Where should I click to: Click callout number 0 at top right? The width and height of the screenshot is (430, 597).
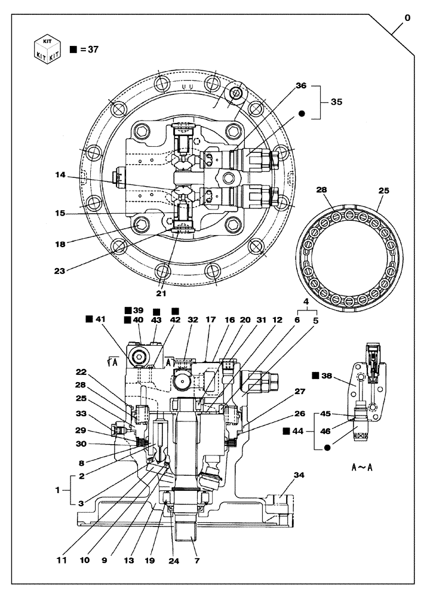pos(407,18)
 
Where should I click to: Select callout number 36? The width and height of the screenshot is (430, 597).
pos(301,86)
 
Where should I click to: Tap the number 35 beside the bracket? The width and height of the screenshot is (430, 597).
pos(336,102)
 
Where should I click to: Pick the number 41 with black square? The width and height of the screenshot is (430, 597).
pos(100,319)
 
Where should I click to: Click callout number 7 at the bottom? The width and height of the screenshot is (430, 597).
pos(196,561)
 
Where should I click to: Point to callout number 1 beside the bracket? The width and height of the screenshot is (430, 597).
pos(58,490)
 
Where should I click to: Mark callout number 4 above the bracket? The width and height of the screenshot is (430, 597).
pos(306,303)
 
